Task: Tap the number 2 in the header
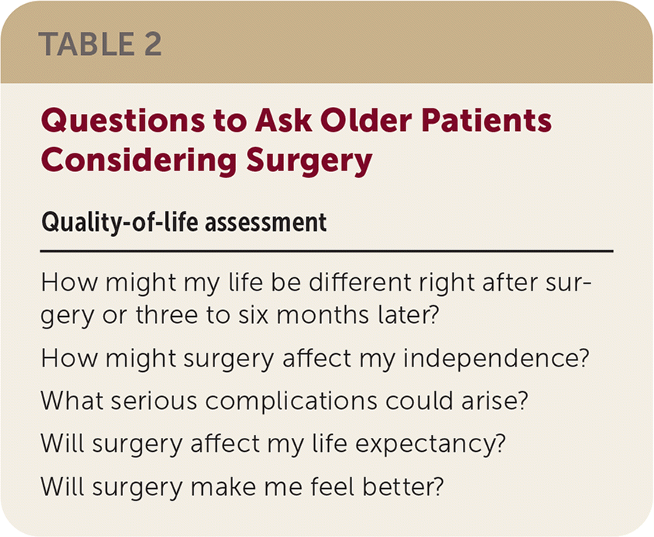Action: pos(152,44)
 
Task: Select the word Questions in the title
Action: pos(123,121)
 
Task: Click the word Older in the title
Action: pos(366,120)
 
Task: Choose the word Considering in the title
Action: pos(139,161)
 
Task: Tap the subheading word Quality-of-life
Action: pos(119,222)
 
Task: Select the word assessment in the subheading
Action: pos(265,223)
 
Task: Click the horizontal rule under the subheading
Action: pos(327,251)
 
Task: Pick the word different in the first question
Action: pos(360,282)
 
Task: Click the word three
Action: pos(166,315)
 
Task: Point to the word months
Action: pos(323,315)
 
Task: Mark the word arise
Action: pos(495,401)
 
